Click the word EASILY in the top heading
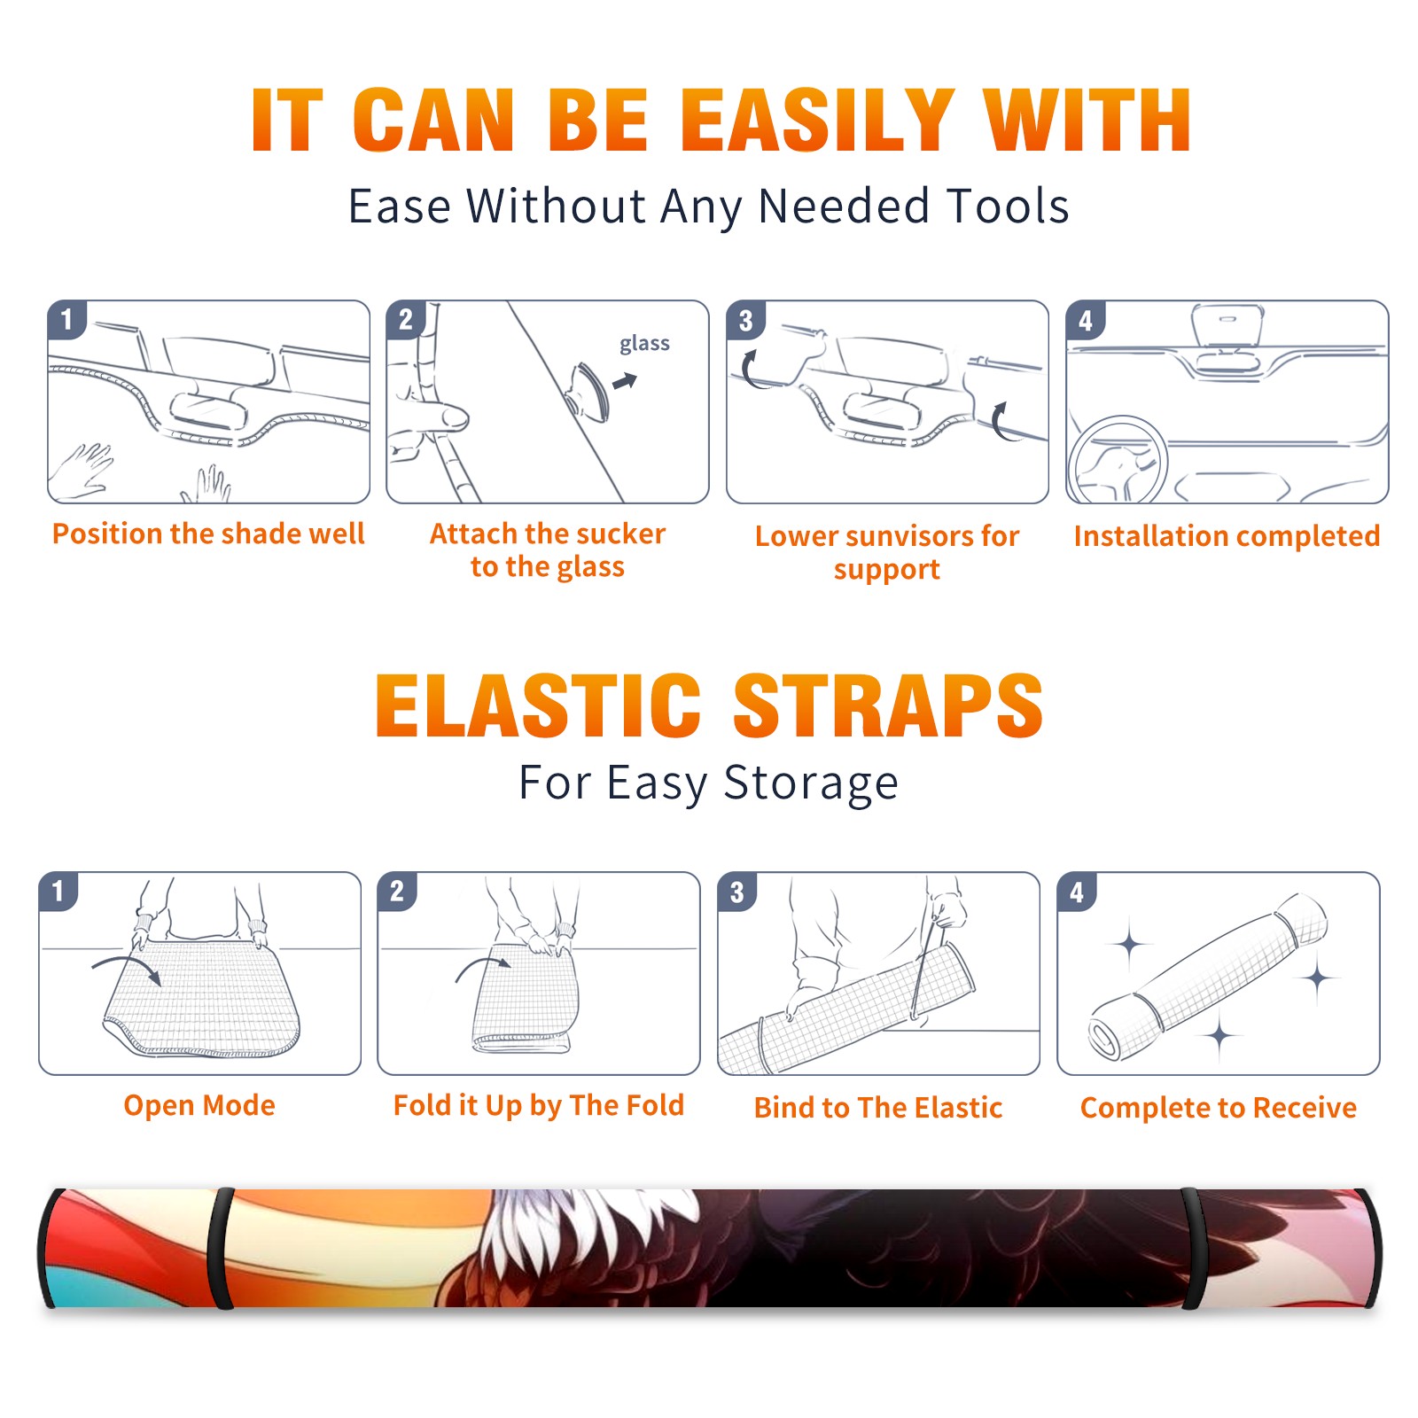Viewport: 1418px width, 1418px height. [817, 121]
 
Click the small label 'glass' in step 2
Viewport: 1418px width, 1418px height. [644, 344]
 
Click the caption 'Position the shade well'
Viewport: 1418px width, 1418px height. [208, 534]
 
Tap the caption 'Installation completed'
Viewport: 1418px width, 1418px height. [1227, 536]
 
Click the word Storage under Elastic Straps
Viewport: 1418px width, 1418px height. [811, 783]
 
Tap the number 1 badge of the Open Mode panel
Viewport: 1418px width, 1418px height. [58, 891]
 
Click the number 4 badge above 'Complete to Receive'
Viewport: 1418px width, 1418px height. [1077, 891]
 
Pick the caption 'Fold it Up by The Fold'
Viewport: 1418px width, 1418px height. [539, 1106]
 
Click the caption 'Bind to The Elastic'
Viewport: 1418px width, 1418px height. [878, 1108]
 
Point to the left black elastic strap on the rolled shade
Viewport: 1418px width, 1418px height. [222, 1248]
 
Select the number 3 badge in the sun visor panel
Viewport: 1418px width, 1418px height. [745, 320]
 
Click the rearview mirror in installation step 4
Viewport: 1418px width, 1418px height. [1227, 324]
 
